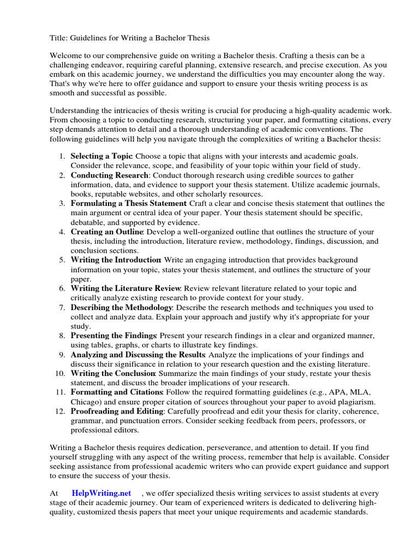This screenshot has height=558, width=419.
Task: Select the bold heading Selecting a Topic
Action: [102, 156]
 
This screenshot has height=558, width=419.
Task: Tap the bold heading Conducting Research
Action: [109, 175]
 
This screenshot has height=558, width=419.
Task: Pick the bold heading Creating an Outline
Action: [106, 232]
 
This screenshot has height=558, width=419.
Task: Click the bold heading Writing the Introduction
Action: [115, 260]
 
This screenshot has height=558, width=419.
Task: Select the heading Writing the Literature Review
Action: [126, 288]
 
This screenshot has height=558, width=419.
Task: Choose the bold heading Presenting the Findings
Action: [113, 336]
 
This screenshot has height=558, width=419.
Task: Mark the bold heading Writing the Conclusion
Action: [113, 374]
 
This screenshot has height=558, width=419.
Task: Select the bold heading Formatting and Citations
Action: [117, 392]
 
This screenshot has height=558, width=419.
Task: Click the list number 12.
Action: [61, 411]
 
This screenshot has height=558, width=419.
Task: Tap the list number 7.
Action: [62, 308]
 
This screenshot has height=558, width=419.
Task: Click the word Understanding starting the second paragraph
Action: [77, 111]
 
